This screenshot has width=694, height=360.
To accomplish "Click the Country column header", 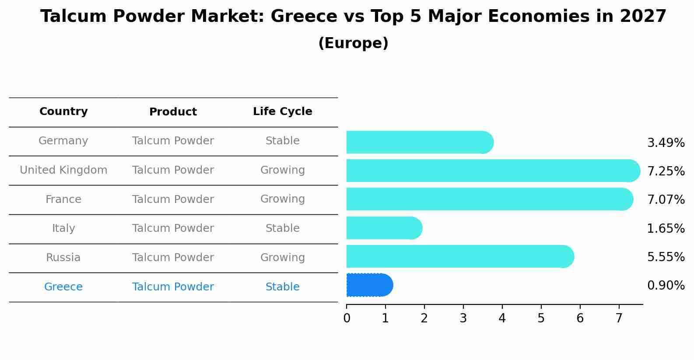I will tap(63, 112).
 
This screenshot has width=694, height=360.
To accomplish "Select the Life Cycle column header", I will tap(282, 112).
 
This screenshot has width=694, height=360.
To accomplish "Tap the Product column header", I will tap(173, 112).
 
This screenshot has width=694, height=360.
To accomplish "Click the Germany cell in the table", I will tap(63, 141).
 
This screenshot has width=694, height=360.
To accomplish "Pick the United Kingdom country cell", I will tap(63, 170).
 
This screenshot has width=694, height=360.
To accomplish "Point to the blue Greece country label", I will tap(63, 287).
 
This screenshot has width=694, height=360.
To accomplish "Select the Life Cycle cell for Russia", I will tap(282, 258).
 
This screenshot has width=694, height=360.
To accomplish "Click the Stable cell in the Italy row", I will tap(282, 228).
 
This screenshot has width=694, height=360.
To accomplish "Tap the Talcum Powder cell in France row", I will tap(173, 199).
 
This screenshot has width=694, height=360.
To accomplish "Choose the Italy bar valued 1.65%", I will tap(383, 228).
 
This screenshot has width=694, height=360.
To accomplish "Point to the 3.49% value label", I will tap(666, 143).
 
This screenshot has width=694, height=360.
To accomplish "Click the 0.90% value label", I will tap(666, 286).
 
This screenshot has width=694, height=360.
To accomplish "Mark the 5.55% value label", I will tap(666, 257).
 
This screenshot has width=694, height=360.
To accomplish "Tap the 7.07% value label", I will tap(666, 200).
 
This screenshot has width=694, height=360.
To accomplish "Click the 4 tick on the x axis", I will tap(502, 318).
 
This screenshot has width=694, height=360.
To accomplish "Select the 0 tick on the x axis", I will tap(347, 318).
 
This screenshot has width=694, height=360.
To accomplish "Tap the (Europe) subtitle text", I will tap(353, 43).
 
